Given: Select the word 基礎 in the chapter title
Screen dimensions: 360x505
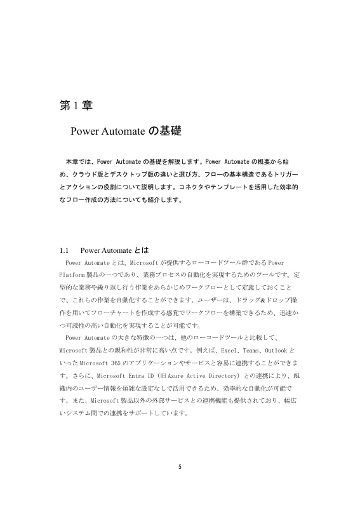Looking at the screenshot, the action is (x=169, y=131).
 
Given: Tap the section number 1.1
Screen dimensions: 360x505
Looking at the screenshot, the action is (x=65, y=249).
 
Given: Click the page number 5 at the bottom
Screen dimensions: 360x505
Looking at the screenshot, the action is (x=180, y=468).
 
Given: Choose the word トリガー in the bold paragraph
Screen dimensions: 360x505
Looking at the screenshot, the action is (x=285, y=173).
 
